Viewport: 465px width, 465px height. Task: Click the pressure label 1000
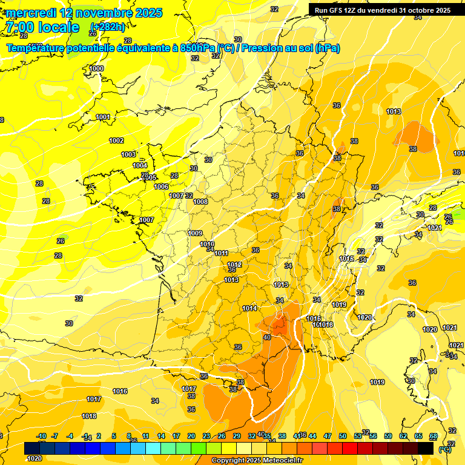tap(96, 69)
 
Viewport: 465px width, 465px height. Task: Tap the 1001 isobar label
tap(103, 117)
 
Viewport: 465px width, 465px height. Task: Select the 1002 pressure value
tap(116, 140)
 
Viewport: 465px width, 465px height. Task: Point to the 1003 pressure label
tap(128, 154)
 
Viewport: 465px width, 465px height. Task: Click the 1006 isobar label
tap(161, 186)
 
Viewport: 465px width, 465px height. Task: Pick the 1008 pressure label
tap(200, 202)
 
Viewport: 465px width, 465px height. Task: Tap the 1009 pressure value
tap(195, 233)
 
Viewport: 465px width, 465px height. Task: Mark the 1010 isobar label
tap(207, 244)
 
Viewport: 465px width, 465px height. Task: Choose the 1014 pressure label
tap(249, 308)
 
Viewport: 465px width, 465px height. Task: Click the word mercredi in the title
tap(31, 13)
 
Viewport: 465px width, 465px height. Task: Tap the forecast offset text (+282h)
tap(107, 27)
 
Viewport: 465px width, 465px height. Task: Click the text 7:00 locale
tap(42, 27)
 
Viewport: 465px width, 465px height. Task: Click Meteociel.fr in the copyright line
tap(282, 461)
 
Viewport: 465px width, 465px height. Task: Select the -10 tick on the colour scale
tap(41, 436)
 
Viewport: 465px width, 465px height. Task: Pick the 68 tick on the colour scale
tap(433, 436)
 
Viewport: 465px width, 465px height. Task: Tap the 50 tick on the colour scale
tap(343, 436)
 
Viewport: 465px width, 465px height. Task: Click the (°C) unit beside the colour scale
tap(444, 449)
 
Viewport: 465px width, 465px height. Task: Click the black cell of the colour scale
tap(426, 448)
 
